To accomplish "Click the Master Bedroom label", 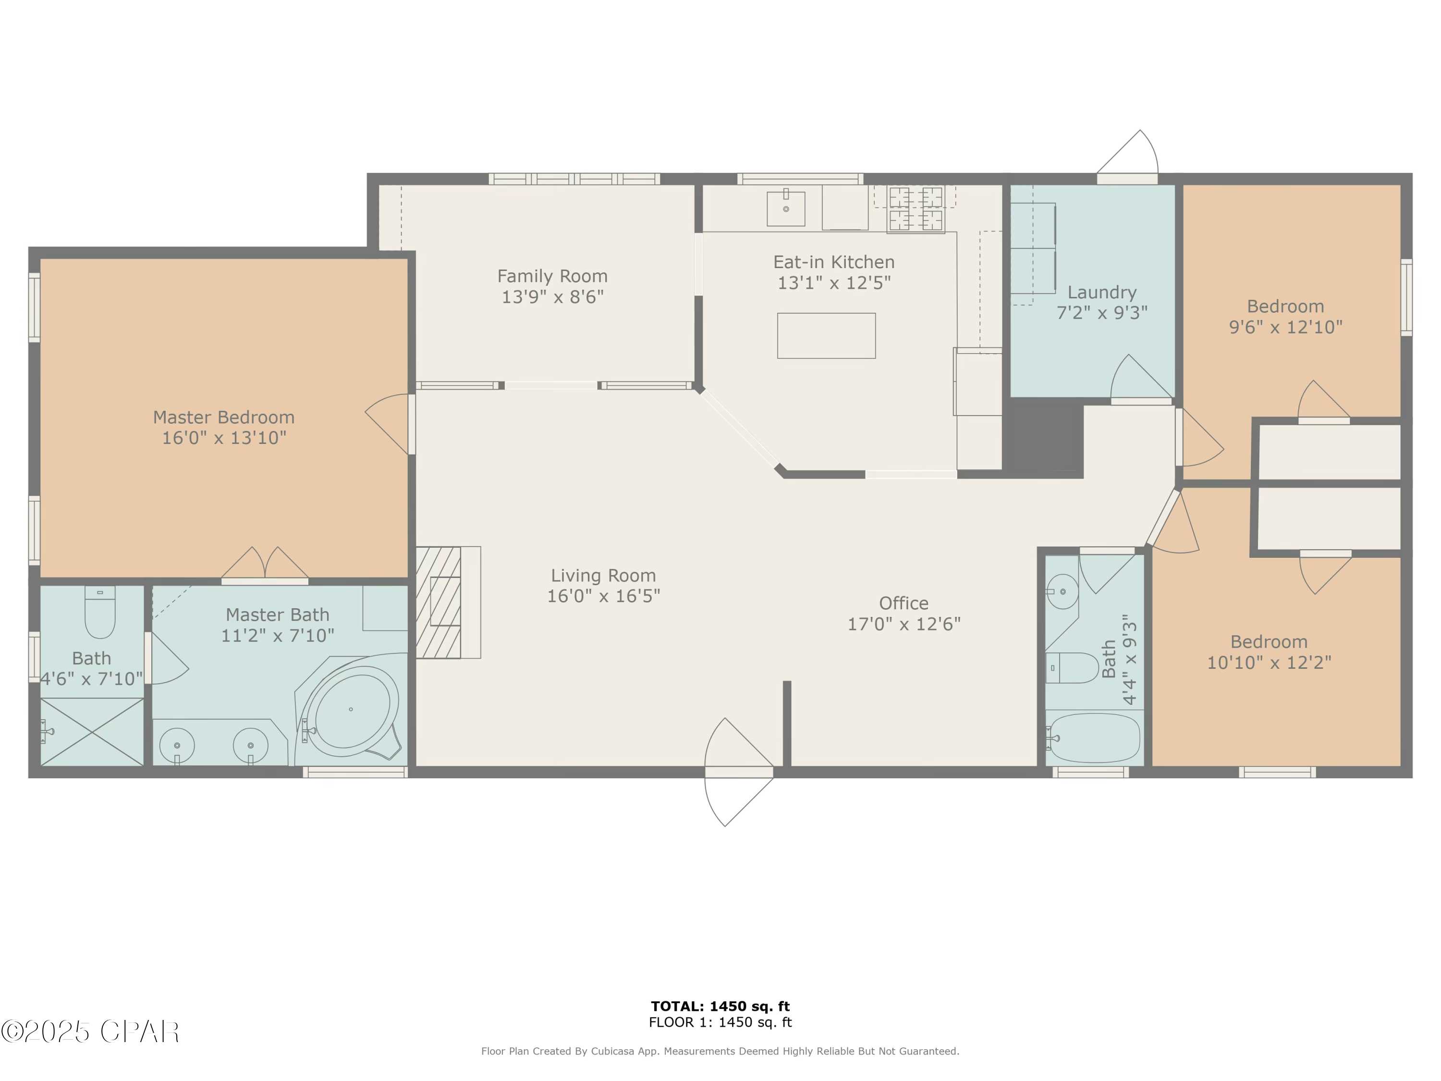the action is click(223, 417).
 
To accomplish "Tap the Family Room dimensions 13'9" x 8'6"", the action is click(552, 297).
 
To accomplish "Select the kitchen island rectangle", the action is click(826, 335).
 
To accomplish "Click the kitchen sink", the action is click(786, 208).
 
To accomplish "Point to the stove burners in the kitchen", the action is click(916, 209).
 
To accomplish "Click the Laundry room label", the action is click(1101, 292).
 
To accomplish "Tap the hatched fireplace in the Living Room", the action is click(439, 602).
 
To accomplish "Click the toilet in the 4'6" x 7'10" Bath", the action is click(100, 612).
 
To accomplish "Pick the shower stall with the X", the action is click(92, 732).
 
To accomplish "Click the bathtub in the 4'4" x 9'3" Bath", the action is click(1094, 737).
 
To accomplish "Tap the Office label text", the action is click(904, 603).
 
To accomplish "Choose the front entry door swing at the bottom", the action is click(738, 772).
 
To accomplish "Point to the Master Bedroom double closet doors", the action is click(265, 565).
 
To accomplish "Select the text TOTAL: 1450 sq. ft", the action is click(720, 1007).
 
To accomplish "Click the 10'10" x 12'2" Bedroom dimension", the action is click(1269, 663).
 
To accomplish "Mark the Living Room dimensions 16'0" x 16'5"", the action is click(603, 596).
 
